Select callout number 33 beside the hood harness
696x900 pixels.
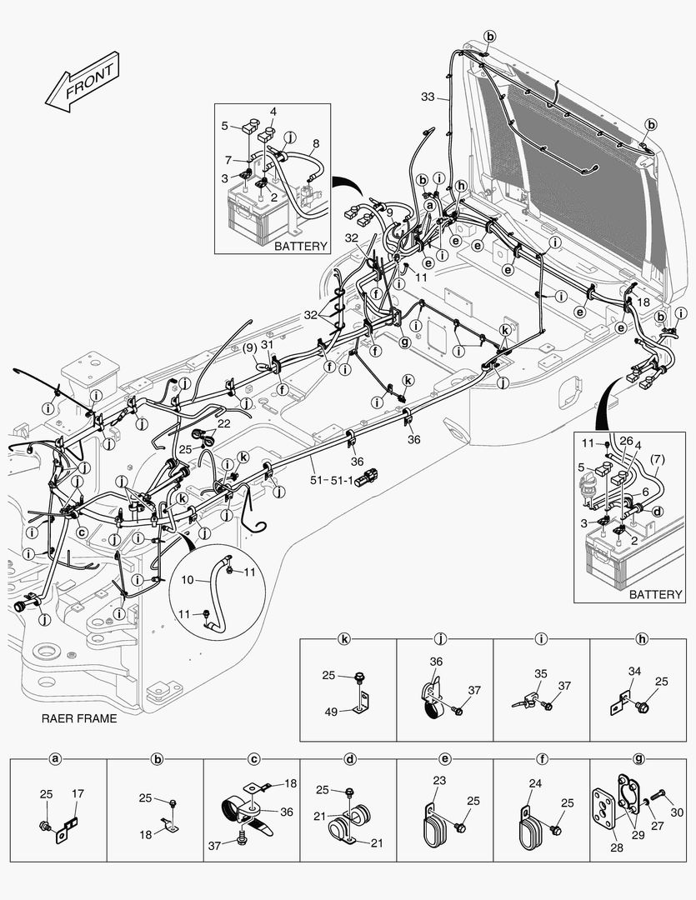tap(427, 97)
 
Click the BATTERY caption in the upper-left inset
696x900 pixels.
tap(301, 246)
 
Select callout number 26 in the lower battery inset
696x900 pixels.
tap(626, 442)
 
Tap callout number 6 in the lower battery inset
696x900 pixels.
tap(645, 492)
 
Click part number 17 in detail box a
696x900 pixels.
tap(77, 793)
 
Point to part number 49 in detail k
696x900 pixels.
tap(330, 711)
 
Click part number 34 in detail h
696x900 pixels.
tap(634, 671)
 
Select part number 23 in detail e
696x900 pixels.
tap(441, 782)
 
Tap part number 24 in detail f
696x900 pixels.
tap(537, 782)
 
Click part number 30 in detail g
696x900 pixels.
tap(676, 812)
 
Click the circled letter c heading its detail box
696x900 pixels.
tap(253, 759)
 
